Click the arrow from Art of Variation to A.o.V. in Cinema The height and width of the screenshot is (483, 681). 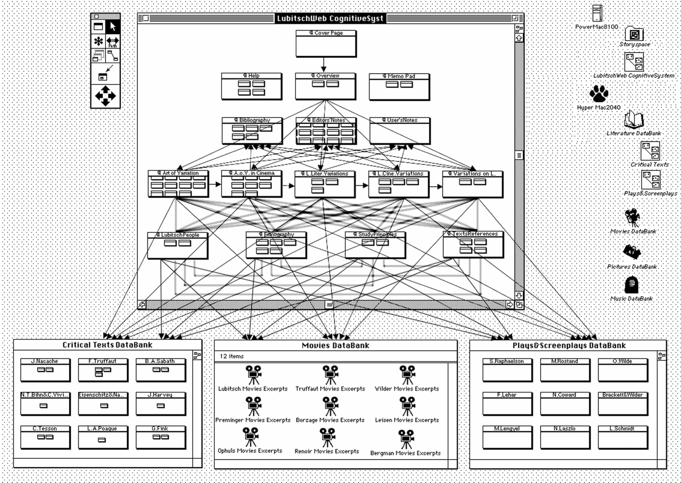[x=215, y=184]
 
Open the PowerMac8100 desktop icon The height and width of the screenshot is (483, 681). [x=597, y=13]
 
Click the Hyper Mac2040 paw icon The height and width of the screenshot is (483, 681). [x=599, y=94]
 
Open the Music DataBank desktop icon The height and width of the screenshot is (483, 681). [x=631, y=285]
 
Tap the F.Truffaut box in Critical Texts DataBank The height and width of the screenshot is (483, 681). [x=103, y=370]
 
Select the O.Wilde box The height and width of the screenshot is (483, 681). [x=622, y=370]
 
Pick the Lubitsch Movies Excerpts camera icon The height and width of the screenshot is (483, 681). [x=253, y=375]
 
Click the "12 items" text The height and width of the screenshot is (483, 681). [x=231, y=356]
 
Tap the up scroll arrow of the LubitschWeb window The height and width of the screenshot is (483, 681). [x=519, y=38]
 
